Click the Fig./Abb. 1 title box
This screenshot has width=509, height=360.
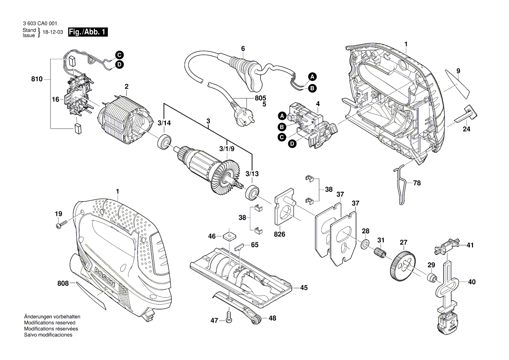click(88, 32)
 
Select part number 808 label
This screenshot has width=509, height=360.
click(63, 284)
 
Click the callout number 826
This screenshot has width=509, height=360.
click(280, 234)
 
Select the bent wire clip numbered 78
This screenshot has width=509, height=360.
click(401, 185)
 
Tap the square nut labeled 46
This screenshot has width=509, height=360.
click(228, 237)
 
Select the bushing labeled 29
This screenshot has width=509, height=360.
click(431, 278)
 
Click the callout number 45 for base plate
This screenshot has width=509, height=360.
click(303, 287)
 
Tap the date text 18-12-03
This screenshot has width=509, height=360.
click(53, 33)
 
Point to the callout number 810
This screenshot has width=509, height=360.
click(37, 79)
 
